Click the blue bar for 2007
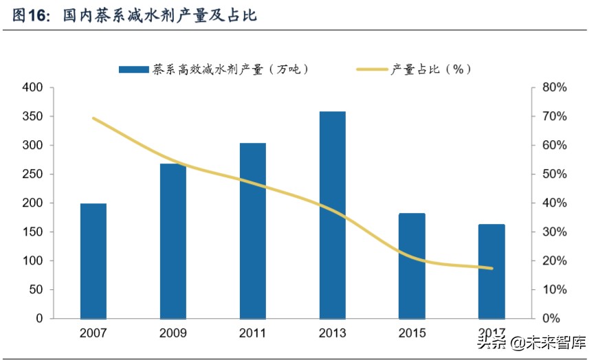(93, 261)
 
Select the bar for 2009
(173, 241)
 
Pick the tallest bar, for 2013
(333, 214)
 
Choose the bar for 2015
(412, 266)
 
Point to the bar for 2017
(492, 271)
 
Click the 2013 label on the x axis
(333, 334)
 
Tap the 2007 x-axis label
(93, 334)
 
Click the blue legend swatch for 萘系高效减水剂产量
(133, 69)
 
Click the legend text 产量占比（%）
(431, 69)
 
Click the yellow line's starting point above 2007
(93, 118)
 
